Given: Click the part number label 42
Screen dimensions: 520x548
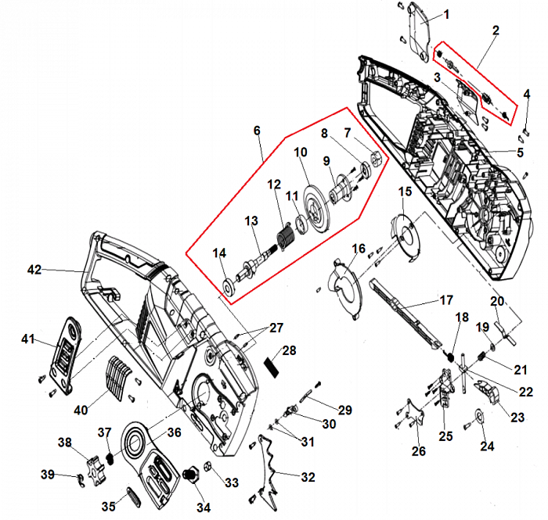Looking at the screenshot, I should (34, 270).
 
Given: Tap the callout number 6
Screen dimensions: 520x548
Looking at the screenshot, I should (257, 131).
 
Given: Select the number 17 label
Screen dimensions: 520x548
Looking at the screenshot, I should (445, 299).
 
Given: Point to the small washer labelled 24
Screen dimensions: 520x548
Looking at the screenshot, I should (478, 418).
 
